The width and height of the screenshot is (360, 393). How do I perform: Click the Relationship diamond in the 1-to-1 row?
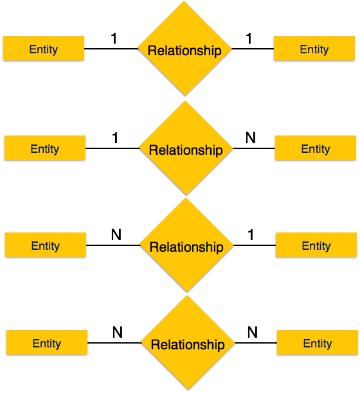[x=184, y=48]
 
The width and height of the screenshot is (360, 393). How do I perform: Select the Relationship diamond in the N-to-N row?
[x=188, y=342]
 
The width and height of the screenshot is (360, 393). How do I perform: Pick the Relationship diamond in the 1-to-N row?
[x=186, y=148]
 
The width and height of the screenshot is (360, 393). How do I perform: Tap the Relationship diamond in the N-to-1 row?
[x=186, y=245]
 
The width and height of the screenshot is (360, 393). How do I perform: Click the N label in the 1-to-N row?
[x=251, y=137]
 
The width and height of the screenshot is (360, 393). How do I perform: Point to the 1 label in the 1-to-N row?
[x=115, y=138]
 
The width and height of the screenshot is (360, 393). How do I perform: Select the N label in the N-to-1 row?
[x=116, y=234]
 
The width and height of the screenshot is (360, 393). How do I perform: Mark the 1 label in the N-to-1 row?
[x=251, y=235]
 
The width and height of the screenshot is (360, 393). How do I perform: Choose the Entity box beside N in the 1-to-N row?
[x=316, y=148]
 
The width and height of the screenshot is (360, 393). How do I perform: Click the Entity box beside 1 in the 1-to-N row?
[x=45, y=148]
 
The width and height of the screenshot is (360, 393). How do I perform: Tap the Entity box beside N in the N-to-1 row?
[x=46, y=245]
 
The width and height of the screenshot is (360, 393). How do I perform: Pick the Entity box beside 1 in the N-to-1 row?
[x=316, y=245]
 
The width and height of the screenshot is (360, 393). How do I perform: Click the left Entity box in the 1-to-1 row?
[x=44, y=48]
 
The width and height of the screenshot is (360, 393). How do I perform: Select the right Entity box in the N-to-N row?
[x=318, y=342]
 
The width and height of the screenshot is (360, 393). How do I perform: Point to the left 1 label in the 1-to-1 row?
[x=114, y=39]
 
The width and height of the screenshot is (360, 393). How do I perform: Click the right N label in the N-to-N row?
[x=253, y=332]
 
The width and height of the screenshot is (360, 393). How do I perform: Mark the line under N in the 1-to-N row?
[x=254, y=148]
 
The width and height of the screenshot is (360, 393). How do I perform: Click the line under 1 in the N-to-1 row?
[x=255, y=245]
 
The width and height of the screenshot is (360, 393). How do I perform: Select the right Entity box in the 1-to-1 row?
[x=314, y=48]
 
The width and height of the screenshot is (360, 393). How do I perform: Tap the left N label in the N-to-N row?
[x=118, y=332]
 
